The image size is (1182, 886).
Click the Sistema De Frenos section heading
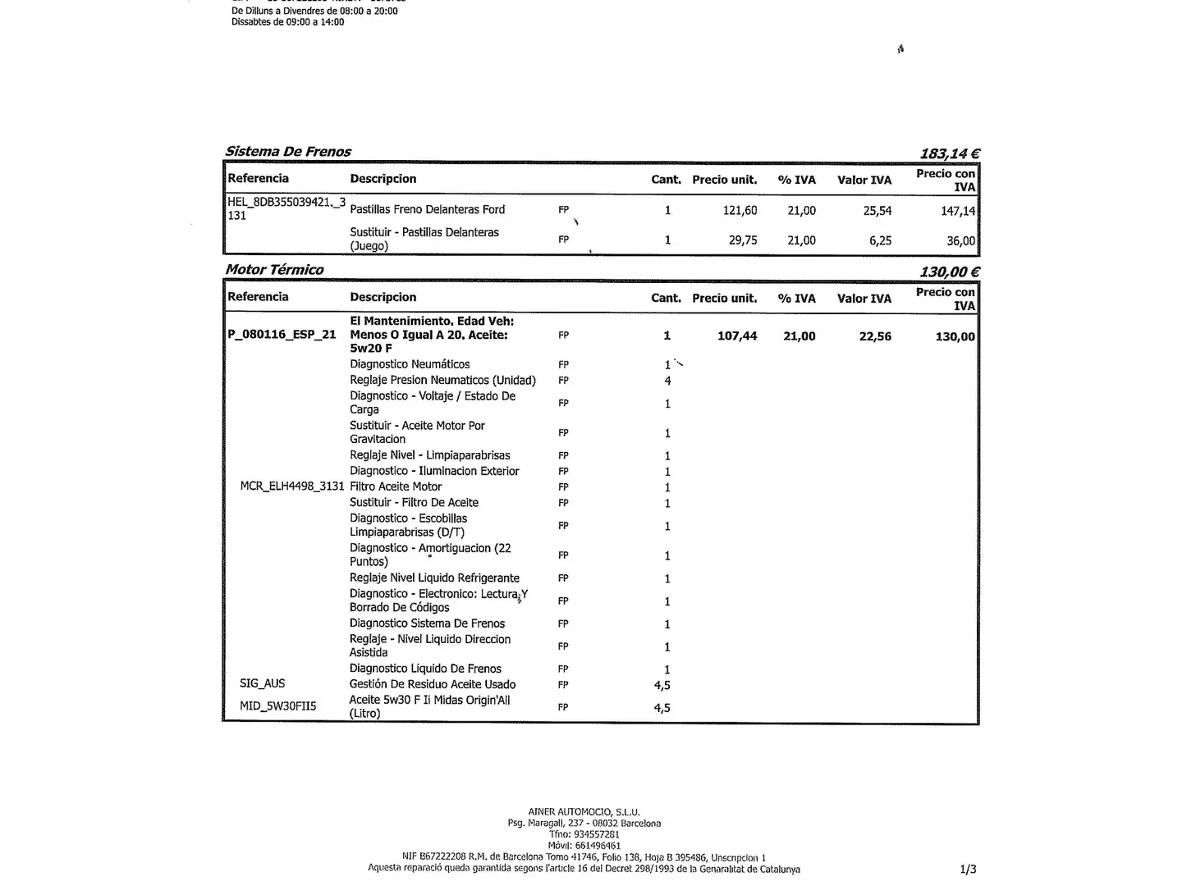pyautogui.click(x=288, y=152)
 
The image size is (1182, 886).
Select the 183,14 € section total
pyautogui.click(x=950, y=153)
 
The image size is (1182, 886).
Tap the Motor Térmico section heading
pyautogui.click(x=274, y=270)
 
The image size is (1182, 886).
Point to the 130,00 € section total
pyautogui.click(x=950, y=272)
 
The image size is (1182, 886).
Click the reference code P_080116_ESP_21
pyautogui.click(x=282, y=335)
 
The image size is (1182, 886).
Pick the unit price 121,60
pyautogui.click(x=740, y=211)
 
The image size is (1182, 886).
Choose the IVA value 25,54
pyautogui.click(x=877, y=211)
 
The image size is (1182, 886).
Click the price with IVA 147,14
pyautogui.click(x=957, y=211)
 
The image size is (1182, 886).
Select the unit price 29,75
pyautogui.click(x=743, y=240)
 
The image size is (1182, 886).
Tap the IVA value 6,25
pyautogui.click(x=880, y=240)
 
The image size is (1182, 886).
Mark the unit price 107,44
pyautogui.click(x=737, y=336)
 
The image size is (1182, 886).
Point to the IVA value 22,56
pyautogui.click(x=875, y=336)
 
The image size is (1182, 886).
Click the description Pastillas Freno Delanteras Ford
pyautogui.click(x=427, y=210)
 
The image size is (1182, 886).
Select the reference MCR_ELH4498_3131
pyautogui.click(x=291, y=486)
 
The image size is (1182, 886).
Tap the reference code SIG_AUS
pyautogui.click(x=263, y=683)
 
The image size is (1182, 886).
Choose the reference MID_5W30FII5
pyautogui.click(x=277, y=706)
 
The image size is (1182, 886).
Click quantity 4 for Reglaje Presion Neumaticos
pyautogui.click(x=667, y=381)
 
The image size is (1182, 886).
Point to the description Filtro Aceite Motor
pyautogui.click(x=396, y=486)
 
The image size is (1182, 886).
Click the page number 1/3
pyautogui.click(x=968, y=869)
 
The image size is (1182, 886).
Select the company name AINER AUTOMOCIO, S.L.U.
pyautogui.click(x=584, y=812)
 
